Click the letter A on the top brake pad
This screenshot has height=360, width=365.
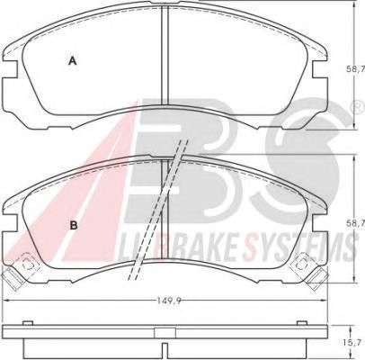coord(73,61)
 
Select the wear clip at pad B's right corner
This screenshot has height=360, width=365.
coord(306,266)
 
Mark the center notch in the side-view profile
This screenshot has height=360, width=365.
coord(164,344)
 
